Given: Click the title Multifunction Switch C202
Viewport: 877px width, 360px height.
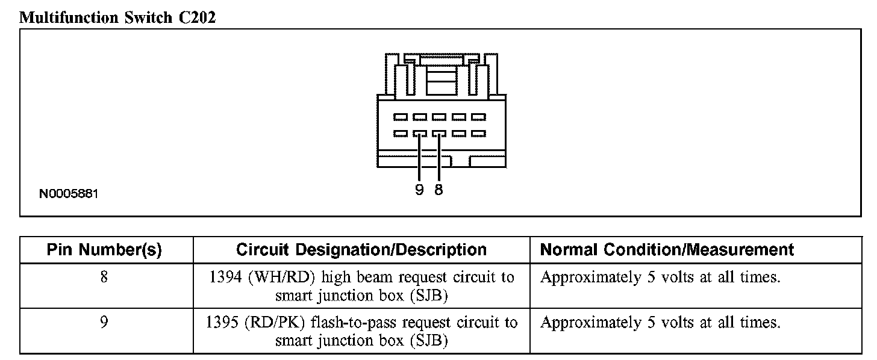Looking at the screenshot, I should click(x=118, y=17).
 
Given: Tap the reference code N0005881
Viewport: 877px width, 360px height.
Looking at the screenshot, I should click(x=69, y=194).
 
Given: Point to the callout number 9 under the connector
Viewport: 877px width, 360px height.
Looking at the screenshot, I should click(x=419, y=190).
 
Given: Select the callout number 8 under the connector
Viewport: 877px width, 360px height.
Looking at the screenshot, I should click(x=438, y=190).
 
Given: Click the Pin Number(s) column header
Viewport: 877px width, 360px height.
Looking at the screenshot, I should click(x=104, y=250).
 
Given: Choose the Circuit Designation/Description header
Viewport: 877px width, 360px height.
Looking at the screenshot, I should click(x=361, y=250).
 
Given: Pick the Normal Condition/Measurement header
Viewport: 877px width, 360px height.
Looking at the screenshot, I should click(x=667, y=250).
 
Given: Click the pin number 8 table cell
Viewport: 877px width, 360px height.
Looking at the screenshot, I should click(x=104, y=278).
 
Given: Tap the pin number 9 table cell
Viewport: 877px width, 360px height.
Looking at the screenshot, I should click(x=104, y=323).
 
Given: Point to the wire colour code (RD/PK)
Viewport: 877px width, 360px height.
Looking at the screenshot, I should click(x=273, y=323).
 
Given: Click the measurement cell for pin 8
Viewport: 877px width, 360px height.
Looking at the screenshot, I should click(x=660, y=278).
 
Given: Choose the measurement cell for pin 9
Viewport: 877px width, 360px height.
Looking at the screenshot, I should click(x=660, y=323).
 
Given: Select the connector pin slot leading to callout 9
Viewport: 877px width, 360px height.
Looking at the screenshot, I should click(x=420, y=133).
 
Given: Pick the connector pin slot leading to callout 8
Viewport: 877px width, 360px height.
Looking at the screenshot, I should click(x=439, y=133).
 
